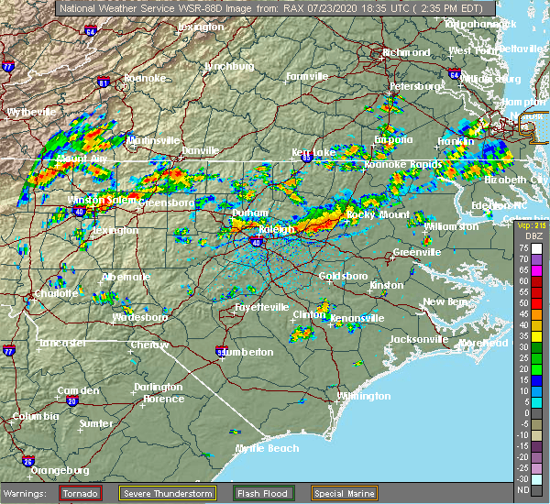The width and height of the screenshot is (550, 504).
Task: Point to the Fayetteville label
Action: (261, 307)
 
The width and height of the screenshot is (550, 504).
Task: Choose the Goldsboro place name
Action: (342, 276)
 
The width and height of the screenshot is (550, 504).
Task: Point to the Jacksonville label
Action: (418, 339)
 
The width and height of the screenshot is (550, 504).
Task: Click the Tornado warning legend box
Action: (82, 493)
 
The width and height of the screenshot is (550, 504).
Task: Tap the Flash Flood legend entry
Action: (263, 493)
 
